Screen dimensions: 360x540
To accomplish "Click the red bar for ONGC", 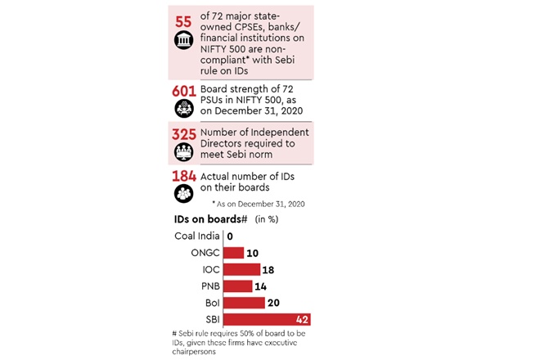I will pos(233,253).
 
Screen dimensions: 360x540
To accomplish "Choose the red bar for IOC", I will pos(241,269).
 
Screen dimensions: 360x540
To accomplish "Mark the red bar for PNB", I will pos(237,286).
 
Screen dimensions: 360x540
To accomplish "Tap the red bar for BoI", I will pos(244,303).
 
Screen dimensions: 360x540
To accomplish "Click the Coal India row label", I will pos(196,236).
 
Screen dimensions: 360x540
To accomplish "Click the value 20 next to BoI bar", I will pos(274,303).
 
